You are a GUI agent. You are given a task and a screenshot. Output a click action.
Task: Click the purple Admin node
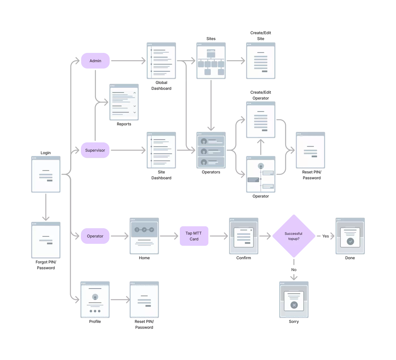(95, 61)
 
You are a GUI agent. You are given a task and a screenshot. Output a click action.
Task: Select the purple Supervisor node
(95, 150)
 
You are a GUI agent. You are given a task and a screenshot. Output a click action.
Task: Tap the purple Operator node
(95, 236)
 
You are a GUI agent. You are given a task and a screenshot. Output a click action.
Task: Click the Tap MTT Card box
(194, 236)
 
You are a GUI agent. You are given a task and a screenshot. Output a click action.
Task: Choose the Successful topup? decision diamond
(294, 236)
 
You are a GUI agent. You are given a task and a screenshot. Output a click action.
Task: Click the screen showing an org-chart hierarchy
(210, 60)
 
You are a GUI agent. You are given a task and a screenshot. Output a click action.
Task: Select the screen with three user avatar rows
(210, 151)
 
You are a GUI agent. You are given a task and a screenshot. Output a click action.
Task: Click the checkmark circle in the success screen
(350, 241)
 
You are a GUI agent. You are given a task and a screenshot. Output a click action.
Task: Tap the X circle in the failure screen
(294, 305)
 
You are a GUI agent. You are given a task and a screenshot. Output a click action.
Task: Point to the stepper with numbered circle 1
(137, 230)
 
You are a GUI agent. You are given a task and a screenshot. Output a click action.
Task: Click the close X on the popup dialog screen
(251, 230)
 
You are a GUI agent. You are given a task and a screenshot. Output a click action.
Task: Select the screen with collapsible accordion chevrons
(124, 103)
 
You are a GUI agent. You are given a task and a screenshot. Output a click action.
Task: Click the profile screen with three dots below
(95, 300)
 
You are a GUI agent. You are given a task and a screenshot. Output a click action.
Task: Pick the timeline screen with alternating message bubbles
(260, 175)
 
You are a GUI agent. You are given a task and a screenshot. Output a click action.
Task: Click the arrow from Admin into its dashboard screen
(127, 61)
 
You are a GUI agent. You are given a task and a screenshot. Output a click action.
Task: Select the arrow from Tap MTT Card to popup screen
(219, 236)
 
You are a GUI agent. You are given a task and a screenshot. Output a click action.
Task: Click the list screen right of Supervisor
(161, 151)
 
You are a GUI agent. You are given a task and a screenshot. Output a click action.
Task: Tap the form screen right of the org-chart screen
(260, 60)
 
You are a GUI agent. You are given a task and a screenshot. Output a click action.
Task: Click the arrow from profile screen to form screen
(120, 299)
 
